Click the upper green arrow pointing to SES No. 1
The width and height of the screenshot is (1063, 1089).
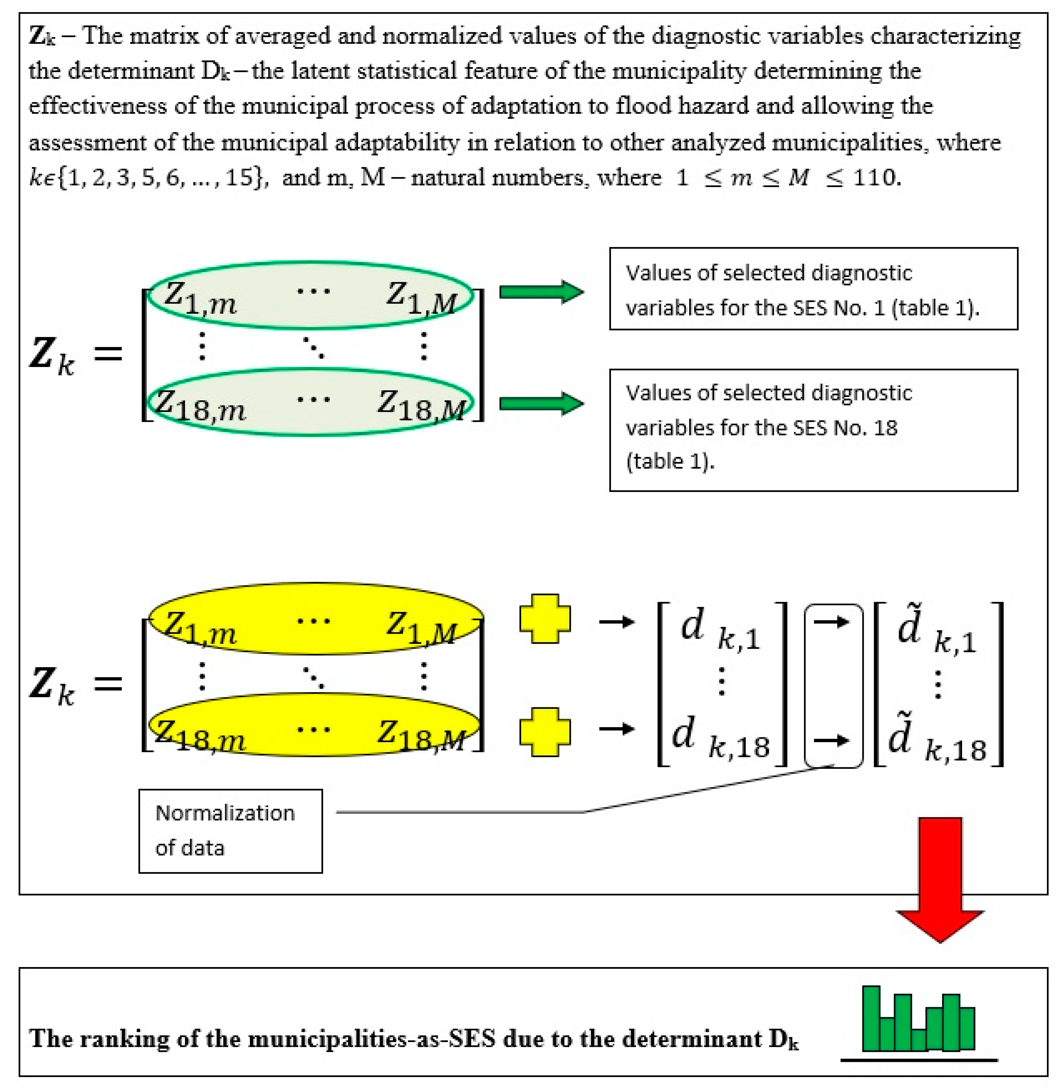[540, 292]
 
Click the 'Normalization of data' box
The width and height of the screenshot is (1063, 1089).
[230, 830]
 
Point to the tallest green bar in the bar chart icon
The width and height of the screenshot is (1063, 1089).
[871, 1018]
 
